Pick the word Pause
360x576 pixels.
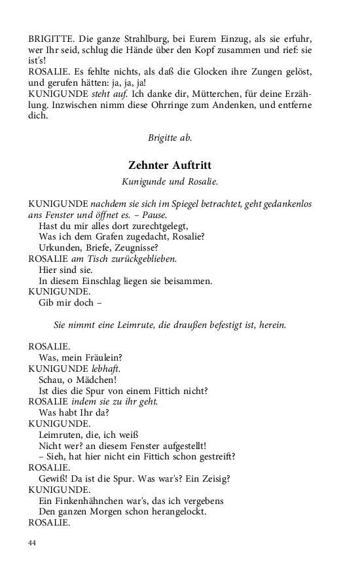pos(154,215)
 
